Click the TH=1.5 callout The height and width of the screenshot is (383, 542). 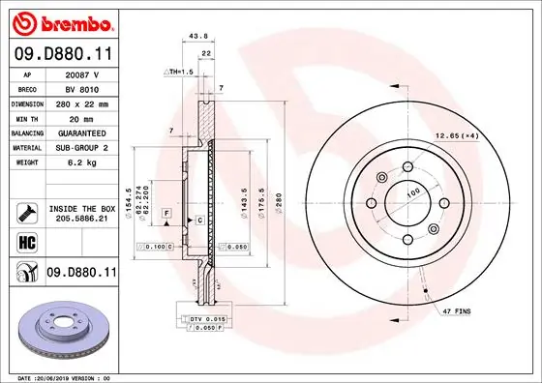(179, 73)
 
